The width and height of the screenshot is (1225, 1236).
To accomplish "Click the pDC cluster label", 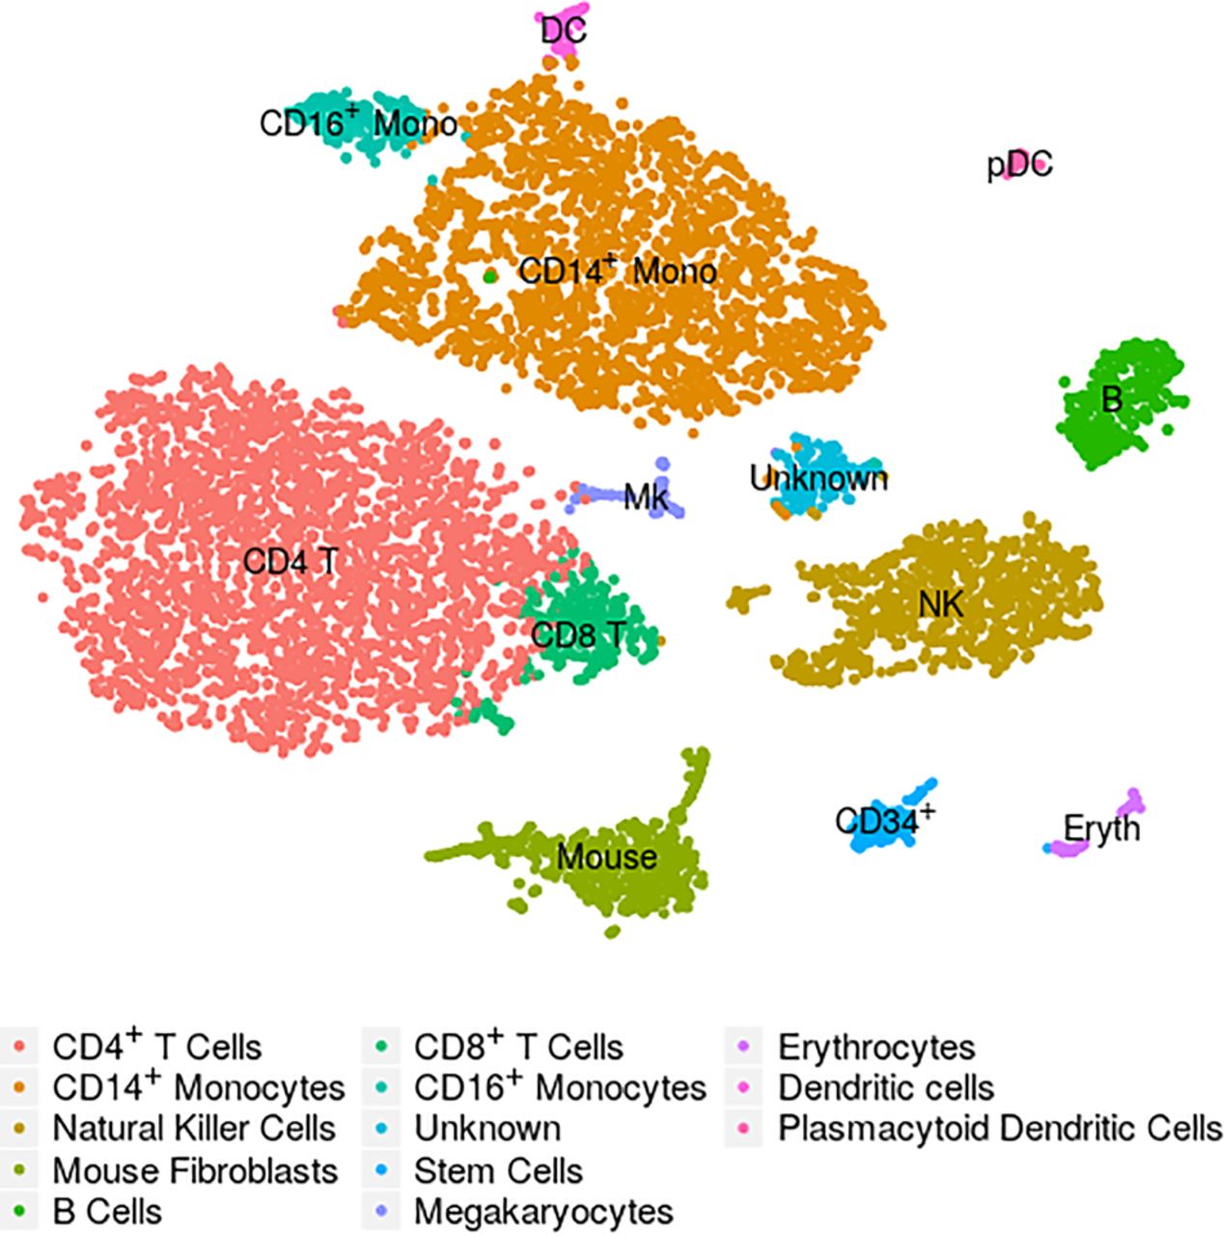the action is (1019, 165).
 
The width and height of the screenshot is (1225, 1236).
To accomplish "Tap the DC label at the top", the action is (564, 31).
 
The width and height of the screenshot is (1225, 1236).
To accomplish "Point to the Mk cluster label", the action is (647, 496).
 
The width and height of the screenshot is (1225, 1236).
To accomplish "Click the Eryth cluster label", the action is (1101, 829).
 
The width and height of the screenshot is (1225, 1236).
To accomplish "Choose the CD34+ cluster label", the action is (885, 819).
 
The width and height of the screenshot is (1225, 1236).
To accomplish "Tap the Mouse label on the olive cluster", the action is (607, 857).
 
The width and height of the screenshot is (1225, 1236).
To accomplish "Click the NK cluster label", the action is (941, 604).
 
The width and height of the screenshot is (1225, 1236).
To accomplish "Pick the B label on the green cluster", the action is (1112, 400).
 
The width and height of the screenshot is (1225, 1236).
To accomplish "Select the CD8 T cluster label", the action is (578, 635).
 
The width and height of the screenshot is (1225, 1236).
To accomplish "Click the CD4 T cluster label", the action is (291, 562).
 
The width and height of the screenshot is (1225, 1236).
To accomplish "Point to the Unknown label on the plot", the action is (819, 478).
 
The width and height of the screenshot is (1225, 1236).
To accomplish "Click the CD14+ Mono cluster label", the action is (617, 270).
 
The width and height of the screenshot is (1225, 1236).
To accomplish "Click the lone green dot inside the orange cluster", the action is (490, 276).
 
